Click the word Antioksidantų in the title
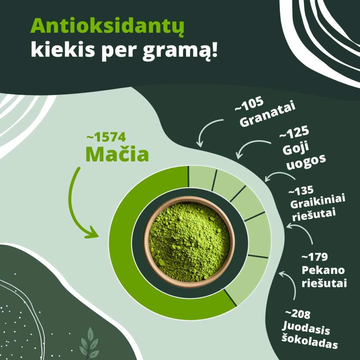[108, 26]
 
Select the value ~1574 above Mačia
[106, 137]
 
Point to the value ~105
[249, 105]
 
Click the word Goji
[296, 148]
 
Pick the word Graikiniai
[318, 202]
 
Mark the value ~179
[315, 257]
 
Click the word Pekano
[323, 270]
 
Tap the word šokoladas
[310, 342]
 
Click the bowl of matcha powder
[189, 242]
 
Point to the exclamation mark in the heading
[214, 50]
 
